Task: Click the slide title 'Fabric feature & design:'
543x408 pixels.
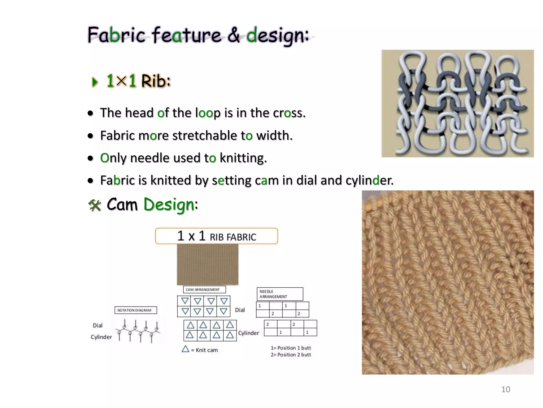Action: pyautogui.click(x=198, y=35)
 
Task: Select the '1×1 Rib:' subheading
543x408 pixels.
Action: pyautogui.click(x=138, y=81)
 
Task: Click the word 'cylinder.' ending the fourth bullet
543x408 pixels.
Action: pyautogui.click(x=370, y=181)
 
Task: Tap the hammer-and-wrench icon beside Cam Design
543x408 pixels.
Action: pyautogui.click(x=95, y=205)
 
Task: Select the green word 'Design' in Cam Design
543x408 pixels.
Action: pyautogui.click(x=169, y=205)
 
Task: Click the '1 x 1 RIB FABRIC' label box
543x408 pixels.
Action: pyautogui.click(x=216, y=236)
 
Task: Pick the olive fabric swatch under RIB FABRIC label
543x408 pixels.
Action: pyautogui.click(x=208, y=265)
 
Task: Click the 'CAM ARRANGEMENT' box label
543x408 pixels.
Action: pyautogui.click(x=204, y=290)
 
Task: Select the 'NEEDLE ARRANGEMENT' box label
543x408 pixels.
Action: pyautogui.click(x=279, y=294)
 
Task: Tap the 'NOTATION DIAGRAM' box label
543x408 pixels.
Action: pyautogui.click(x=135, y=310)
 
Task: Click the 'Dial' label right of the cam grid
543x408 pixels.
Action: pyautogui.click(x=240, y=310)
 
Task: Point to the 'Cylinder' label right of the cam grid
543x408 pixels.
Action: pyautogui.click(x=248, y=333)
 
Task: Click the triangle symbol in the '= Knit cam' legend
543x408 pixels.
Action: pyautogui.click(x=185, y=349)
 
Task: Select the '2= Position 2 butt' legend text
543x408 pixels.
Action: pyautogui.click(x=291, y=355)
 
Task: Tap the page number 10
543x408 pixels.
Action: pyautogui.click(x=505, y=389)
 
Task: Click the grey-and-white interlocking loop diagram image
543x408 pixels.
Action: pyautogui.click(x=457, y=104)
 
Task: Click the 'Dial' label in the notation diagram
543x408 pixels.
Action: pyautogui.click(x=98, y=325)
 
